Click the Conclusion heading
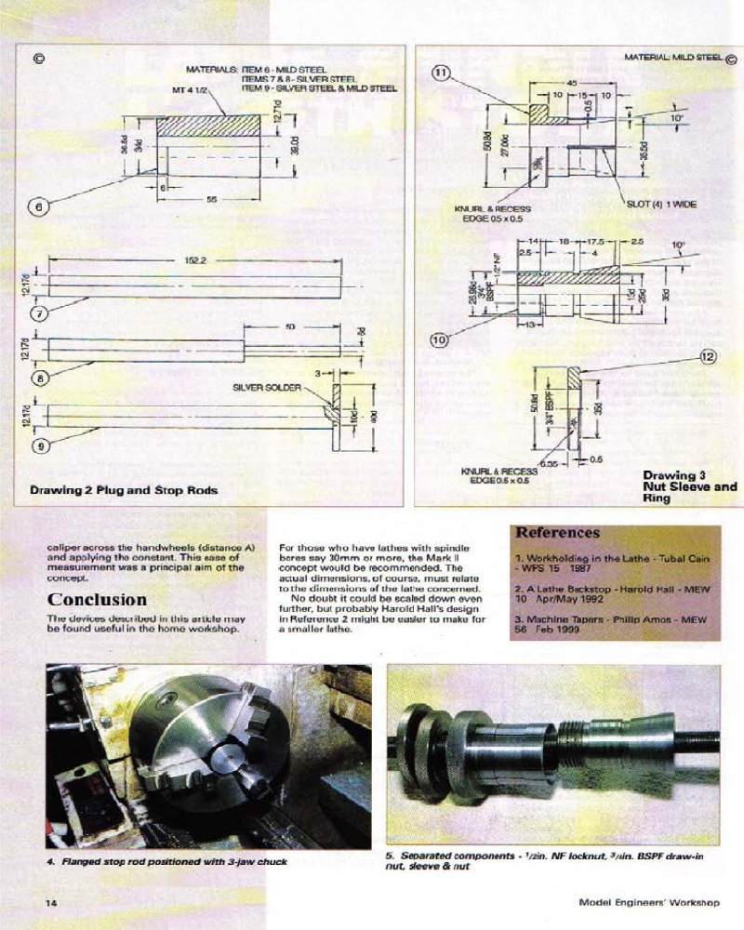point(97,600)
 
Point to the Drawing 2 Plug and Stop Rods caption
point(124,490)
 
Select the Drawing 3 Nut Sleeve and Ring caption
point(689,486)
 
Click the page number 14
point(53,902)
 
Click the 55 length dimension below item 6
point(211,199)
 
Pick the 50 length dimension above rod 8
point(290,328)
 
